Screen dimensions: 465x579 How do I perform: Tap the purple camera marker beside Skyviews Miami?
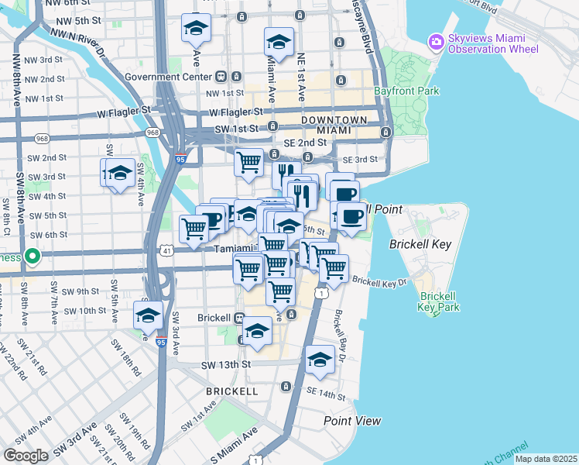(436, 40)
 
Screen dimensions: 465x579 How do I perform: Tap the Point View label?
(352, 421)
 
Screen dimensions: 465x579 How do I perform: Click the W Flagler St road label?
(124, 112)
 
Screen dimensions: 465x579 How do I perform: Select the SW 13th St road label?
(227, 364)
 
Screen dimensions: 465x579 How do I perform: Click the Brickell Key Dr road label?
(380, 282)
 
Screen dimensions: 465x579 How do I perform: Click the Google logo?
(26, 455)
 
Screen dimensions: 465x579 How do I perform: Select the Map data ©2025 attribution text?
(545, 459)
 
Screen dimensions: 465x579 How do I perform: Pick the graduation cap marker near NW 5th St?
(196, 29)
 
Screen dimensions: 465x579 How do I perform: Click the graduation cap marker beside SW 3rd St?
(119, 174)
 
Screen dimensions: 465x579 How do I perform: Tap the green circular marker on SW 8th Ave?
(32, 255)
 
